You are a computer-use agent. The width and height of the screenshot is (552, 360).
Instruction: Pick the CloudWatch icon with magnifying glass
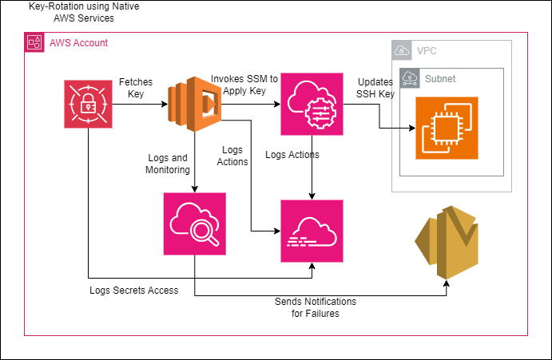pyautogui.click(x=194, y=224)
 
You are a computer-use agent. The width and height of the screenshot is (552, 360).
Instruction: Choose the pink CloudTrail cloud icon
pyautogui.click(x=312, y=231)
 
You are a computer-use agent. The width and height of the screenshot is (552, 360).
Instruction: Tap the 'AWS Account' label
pyautogui.click(x=78, y=42)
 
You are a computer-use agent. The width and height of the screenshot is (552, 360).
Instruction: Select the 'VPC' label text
pyautogui.click(x=427, y=51)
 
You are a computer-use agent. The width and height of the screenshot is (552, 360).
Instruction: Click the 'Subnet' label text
pyautogui.click(x=439, y=79)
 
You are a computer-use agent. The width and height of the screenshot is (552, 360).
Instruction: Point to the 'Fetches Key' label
pyautogui.click(x=136, y=87)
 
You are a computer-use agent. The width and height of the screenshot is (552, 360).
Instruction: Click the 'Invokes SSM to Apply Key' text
pyautogui.click(x=244, y=84)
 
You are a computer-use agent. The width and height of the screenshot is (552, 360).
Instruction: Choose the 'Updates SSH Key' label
pyautogui.click(x=375, y=88)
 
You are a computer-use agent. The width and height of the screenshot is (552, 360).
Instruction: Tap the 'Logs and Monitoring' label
pyautogui.click(x=167, y=164)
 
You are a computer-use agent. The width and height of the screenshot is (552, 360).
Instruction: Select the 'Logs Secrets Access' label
pyautogui.click(x=133, y=291)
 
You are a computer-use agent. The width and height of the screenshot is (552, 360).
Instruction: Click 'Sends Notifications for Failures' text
pyautogui.click(x=315, y=307)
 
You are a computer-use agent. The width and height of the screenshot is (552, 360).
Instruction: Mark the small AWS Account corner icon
pyautogui.click(x=35, y=42)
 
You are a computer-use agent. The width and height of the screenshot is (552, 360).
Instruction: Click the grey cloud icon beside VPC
pyautogui.click(x=403, y=51)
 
